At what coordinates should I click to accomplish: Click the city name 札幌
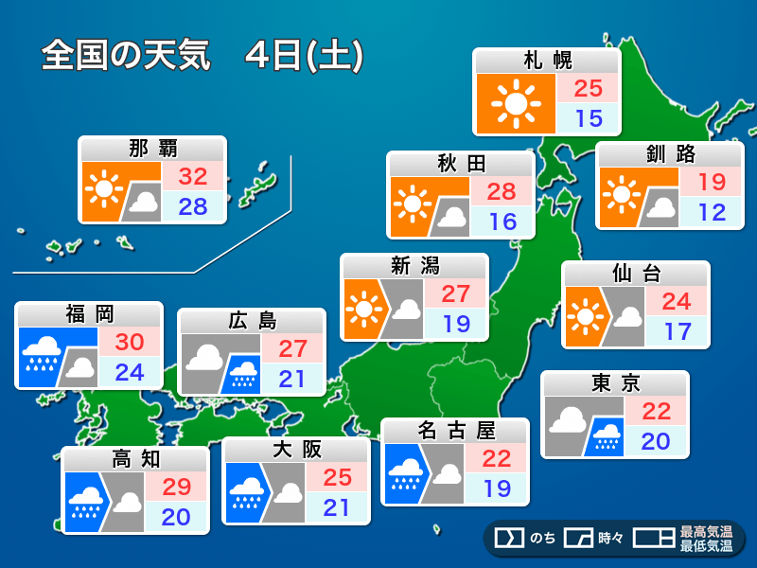[x=547, y=61]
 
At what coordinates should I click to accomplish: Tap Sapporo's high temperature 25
[x=588, y=88]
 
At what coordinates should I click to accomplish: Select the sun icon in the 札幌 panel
[x=515, y=103]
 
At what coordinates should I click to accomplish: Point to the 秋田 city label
[x=461, y=164]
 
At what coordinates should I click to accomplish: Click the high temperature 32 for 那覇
[x=193, y=176]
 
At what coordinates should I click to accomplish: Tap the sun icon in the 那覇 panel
[x=102, y=190]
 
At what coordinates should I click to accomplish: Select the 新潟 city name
[x=414, y=265]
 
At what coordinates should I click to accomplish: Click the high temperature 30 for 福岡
[x=129, y=342]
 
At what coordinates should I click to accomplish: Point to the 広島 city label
[x=252, y=320]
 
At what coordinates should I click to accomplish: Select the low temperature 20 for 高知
[x=175, y=517]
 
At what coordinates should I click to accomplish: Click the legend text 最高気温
[x=707, y=533]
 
